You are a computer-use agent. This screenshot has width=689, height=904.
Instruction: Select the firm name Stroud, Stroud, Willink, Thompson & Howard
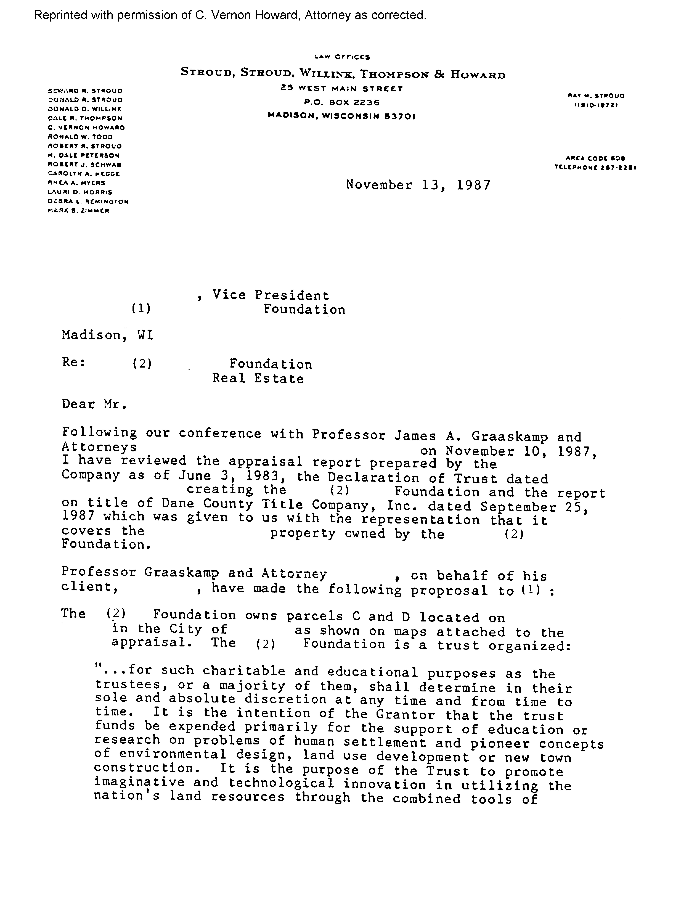[343, 74]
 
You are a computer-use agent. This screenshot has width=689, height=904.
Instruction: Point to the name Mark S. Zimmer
[78, 211]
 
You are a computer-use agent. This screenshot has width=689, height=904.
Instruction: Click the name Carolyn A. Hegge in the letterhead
[84, 174]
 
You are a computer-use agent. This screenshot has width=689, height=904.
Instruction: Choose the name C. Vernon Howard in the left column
[86, 128]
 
